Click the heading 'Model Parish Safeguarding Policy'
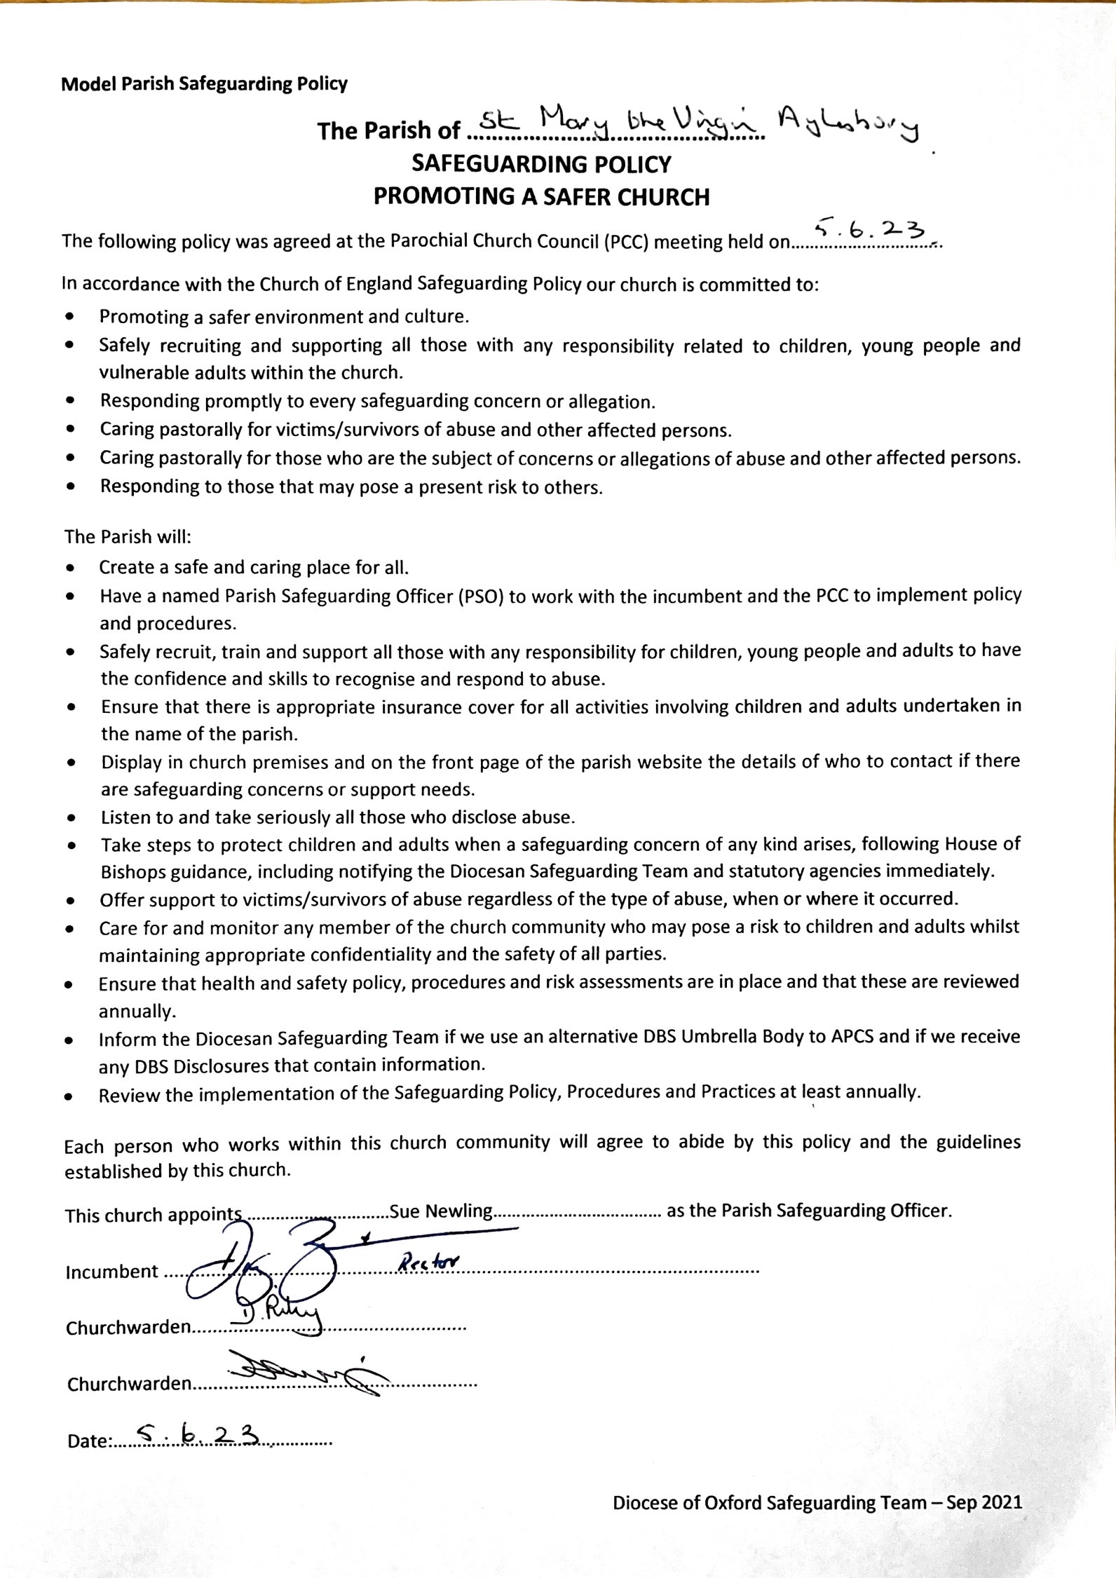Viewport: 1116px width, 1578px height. pos(204,85)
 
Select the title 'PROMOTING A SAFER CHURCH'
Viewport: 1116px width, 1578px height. pos(541,197)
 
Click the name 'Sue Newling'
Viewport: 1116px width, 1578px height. pos(441,1211)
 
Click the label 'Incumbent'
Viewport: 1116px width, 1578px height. pos(111,1272)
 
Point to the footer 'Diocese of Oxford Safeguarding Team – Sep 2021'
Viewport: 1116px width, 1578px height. pos(817,1502)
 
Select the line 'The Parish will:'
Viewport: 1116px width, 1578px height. pos(128,537)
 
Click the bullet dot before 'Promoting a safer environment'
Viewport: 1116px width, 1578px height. pos(69,317)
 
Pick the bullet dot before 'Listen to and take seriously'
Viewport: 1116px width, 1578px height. pos(71,817)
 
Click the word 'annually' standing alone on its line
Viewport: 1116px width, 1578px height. pos(136,1012)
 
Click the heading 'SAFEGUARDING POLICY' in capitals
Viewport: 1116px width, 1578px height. pos(541,165)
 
